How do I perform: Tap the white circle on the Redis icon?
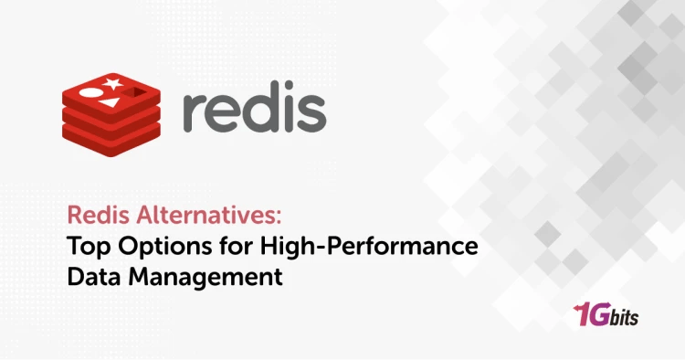coord(91,91)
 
